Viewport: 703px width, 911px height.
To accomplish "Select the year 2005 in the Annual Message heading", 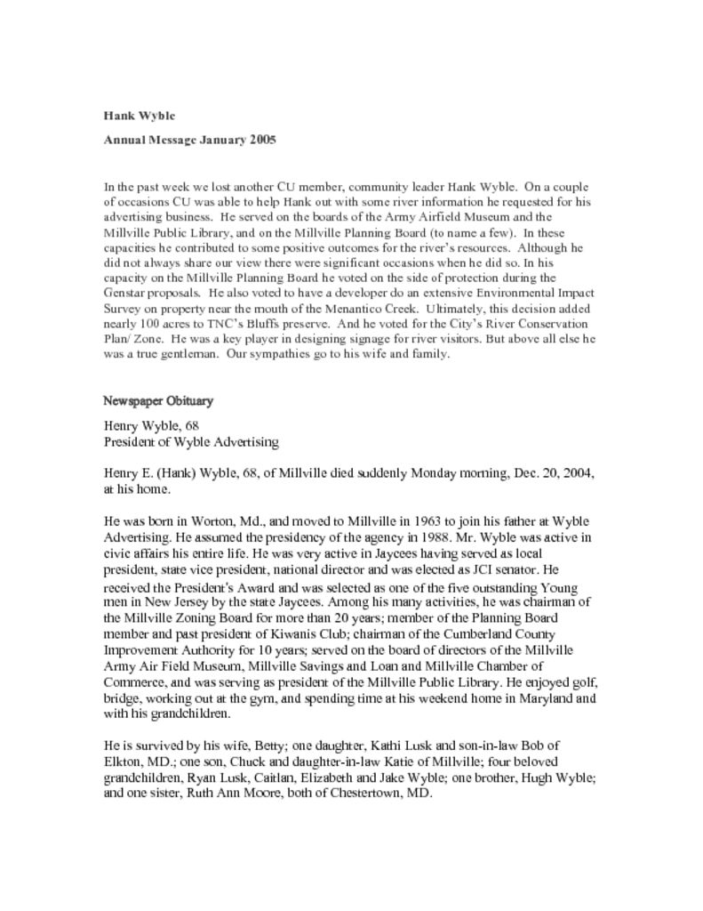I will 262,140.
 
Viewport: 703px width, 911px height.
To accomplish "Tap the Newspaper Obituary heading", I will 158,401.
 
